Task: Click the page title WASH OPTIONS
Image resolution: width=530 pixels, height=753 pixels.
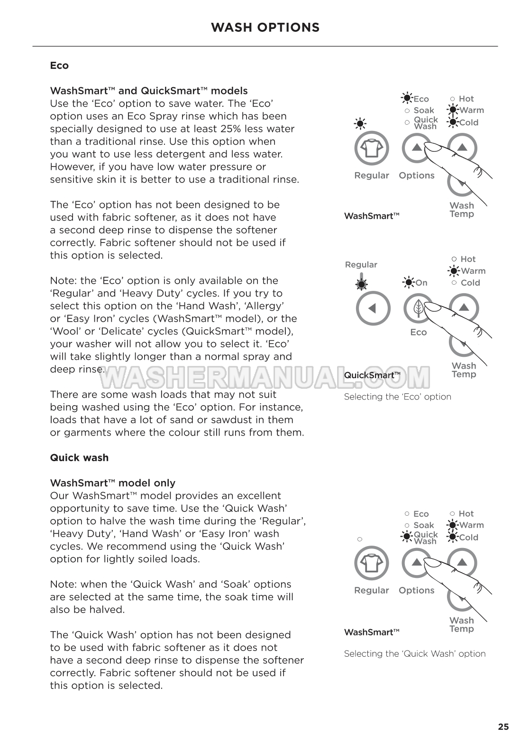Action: (265, 28)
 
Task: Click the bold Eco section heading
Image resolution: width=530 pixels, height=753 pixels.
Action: (59, 65)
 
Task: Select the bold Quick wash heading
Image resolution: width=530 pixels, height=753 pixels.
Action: (79, 457)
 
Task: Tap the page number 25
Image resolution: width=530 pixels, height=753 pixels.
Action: (503, 726)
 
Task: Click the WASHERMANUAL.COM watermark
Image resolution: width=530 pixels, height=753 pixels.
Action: (265, 377)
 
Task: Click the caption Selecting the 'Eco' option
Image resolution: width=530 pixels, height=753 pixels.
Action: (397, 397)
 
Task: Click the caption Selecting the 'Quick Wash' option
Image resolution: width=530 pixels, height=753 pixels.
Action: (414, 653)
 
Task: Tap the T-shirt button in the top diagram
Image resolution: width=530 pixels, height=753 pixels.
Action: (372, 148)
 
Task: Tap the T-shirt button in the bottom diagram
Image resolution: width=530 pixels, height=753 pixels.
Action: (372, 563)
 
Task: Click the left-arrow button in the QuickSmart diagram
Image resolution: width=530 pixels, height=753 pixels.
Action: (373, 308)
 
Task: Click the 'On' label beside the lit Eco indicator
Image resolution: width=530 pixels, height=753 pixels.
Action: (421, 283)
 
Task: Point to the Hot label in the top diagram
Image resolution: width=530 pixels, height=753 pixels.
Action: (466, 99)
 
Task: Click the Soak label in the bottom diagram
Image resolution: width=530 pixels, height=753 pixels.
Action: (423, 525)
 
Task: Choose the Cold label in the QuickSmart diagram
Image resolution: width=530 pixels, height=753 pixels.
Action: (470, 283)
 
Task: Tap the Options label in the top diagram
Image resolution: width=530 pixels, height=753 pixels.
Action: (416, 176)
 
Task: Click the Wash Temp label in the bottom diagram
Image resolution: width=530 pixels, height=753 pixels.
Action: (461, 624)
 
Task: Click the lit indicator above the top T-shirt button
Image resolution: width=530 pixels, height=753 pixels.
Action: (360, 124)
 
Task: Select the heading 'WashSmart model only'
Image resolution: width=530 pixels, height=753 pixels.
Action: (112, 483)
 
